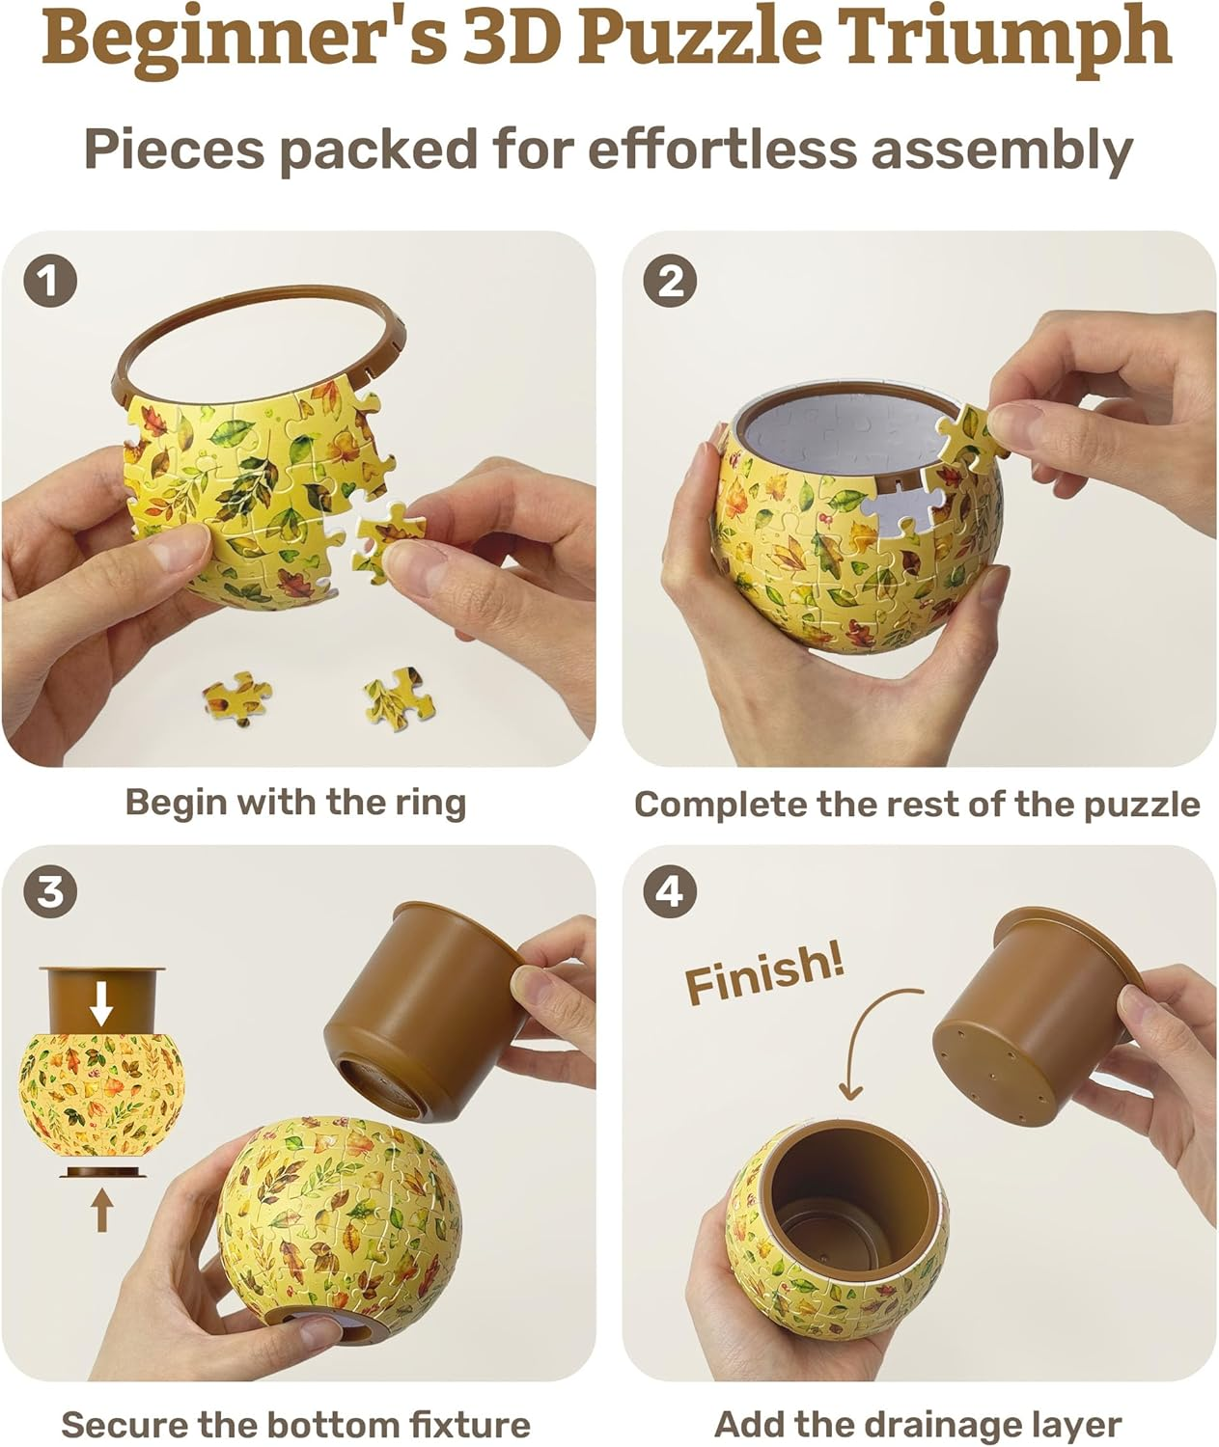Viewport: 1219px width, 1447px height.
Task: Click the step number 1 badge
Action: (49, 282)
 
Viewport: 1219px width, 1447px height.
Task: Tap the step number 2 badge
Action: (670, 282)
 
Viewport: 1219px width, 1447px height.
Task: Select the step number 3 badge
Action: (49, 891)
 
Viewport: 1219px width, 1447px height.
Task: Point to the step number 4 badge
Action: (670, 891)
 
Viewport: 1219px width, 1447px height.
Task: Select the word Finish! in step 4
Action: (763, 974)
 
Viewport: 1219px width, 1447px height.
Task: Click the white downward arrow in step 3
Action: (101, 1007)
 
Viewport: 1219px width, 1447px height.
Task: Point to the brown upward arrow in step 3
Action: (101, 1210)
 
